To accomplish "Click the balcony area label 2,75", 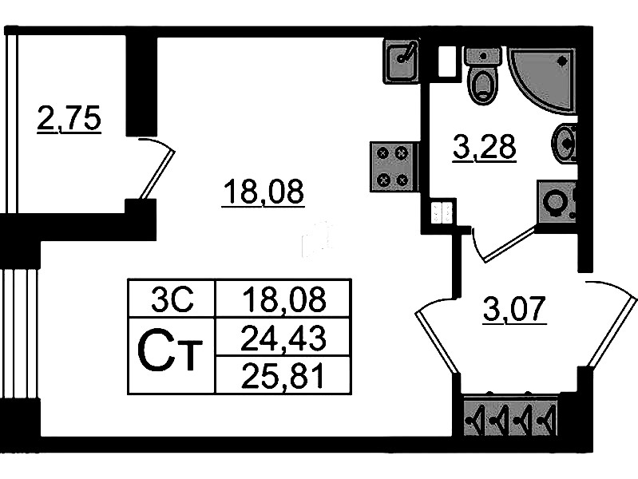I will [x=69, y=119].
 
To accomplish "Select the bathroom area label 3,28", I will [x=484, y=148].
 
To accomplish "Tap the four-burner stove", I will [x=393, y=167].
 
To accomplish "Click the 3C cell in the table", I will [x=172, y=301].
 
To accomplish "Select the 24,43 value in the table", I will [x=283, y=341].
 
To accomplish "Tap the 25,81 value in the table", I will [x=283, y=375].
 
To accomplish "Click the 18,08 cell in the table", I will [x=283, y=301].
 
